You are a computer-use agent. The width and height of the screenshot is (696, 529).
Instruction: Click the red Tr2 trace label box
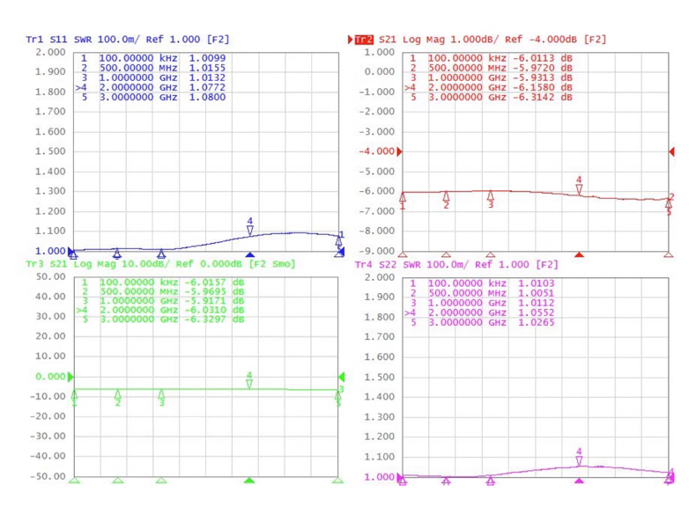[363, 40]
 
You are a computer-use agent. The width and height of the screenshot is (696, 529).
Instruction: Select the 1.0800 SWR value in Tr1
[208, 98]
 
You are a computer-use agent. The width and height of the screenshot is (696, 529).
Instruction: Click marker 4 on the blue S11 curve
[250, 228]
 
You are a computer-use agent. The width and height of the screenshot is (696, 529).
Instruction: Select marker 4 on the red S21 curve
[579, 187]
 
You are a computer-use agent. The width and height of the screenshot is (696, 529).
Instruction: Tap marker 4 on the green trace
[249, 382]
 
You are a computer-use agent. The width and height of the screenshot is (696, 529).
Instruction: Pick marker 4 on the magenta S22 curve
[579, 459]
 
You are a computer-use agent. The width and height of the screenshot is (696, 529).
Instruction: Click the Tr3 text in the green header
[34, 264]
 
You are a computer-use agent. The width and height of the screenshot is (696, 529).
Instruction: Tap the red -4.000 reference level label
[377, 151]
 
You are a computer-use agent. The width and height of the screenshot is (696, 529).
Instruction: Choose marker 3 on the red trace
[491, 199]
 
